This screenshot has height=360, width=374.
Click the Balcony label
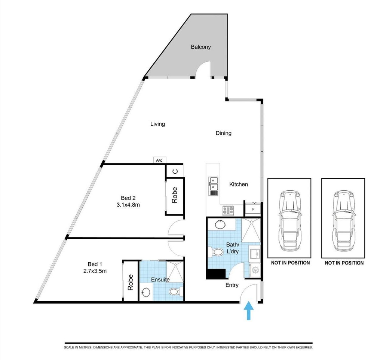pos(200,47)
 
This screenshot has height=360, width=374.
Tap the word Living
pos(157,124)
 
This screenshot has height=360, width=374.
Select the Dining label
pos(224,133)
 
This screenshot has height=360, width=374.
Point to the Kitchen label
pos(239,184)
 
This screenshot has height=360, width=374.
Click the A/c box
pos(160,160)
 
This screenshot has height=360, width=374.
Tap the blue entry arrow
pos(249,310)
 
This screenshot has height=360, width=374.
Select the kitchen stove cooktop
pos(228,210)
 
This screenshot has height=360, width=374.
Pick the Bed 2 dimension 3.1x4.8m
pos(128,205)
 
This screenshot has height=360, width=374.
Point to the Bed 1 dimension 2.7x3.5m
pos(95,271)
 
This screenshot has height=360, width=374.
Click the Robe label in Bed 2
pos(175,195)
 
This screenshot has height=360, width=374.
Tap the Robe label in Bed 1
pos(130,282)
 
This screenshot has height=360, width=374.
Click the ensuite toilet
pos(175,292)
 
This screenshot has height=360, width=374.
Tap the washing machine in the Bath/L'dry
pos(255,270)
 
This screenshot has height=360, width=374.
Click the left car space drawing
pos(289,218)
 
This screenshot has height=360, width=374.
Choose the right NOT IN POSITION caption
pos(344,263)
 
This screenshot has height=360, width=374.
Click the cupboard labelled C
pos(175,171)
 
